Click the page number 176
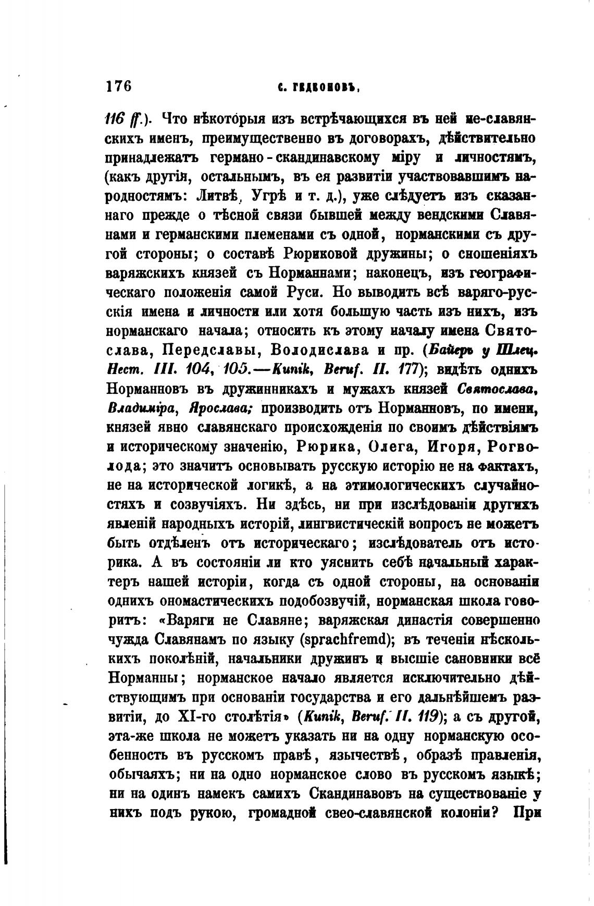(x=118, y=86)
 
